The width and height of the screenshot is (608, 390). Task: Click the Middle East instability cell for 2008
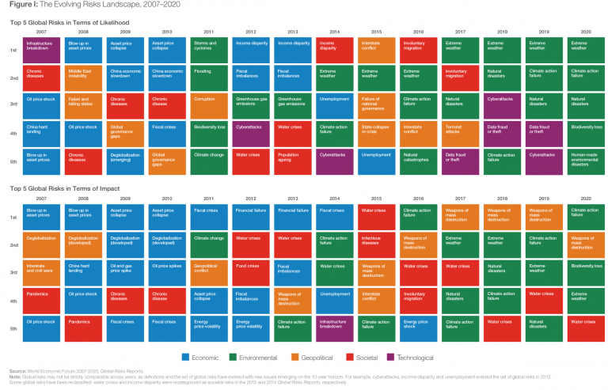pos(84,78)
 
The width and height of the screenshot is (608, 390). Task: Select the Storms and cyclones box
pos(210,49)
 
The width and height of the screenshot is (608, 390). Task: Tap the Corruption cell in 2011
pos(210,106)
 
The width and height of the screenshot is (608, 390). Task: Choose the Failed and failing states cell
pos(84,106)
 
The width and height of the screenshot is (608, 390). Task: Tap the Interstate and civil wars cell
pos(43,272)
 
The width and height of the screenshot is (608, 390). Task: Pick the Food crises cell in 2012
pos(252,272)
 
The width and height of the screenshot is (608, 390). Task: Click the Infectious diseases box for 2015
pos(377,244)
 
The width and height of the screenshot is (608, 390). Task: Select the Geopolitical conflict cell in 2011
pos(210,272)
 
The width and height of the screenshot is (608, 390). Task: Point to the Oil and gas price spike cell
pos(126,272)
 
